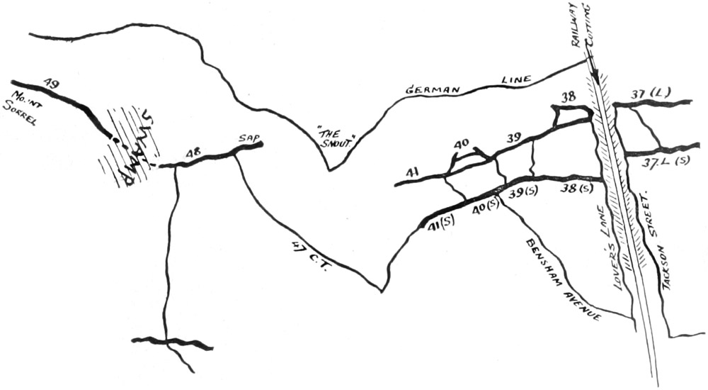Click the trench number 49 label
[x=50, y=84]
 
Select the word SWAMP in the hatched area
[x=134, y=150]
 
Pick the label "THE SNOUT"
[x=333, y=136]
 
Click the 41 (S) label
[x=440, y=225]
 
